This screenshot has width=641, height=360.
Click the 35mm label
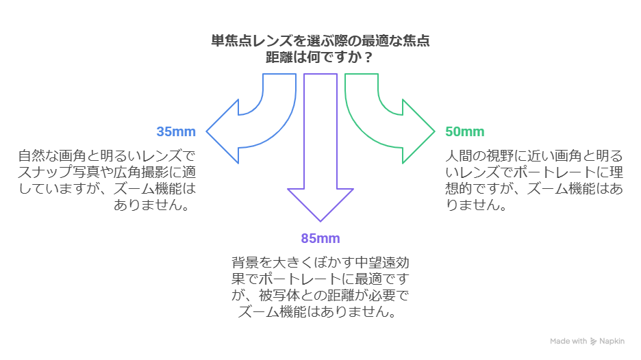point(176,131)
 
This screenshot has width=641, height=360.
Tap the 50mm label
point(464,131)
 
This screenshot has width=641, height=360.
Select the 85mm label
point(320,238)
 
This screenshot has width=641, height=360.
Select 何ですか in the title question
point(325,57)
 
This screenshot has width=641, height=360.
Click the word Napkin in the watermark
point(612,341)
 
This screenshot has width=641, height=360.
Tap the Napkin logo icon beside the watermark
point(593,341)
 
